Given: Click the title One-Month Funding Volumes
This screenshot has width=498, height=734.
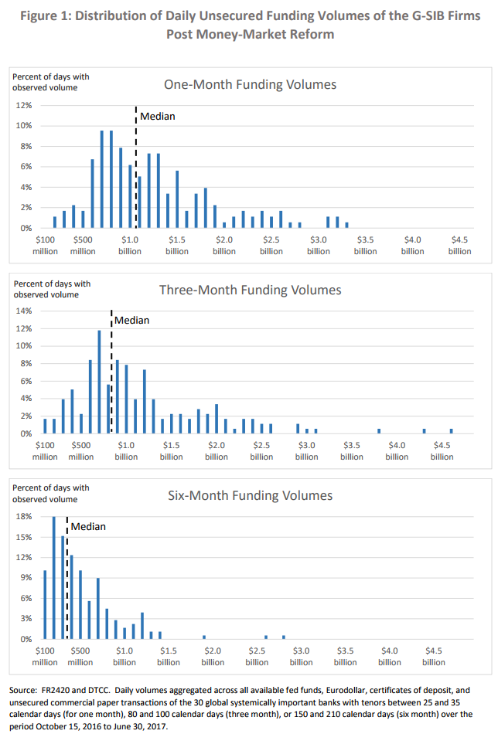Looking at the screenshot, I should (250, 84).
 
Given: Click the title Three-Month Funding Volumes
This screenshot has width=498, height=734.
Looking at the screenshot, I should (250, 290).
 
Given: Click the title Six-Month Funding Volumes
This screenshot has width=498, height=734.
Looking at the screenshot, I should (250, 495).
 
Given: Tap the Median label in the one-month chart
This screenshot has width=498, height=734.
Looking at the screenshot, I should (157, 116).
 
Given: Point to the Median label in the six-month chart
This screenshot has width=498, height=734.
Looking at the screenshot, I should (88, 526).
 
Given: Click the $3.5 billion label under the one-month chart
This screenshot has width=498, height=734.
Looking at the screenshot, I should (366, 246).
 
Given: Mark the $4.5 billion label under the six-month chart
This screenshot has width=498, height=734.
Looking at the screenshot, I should (434, 657).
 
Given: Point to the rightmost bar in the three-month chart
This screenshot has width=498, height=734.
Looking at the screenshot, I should (452, 430).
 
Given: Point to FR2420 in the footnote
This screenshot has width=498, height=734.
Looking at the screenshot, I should (63, 688).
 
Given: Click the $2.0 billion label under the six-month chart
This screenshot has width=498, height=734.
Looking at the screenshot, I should (213, 657).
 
